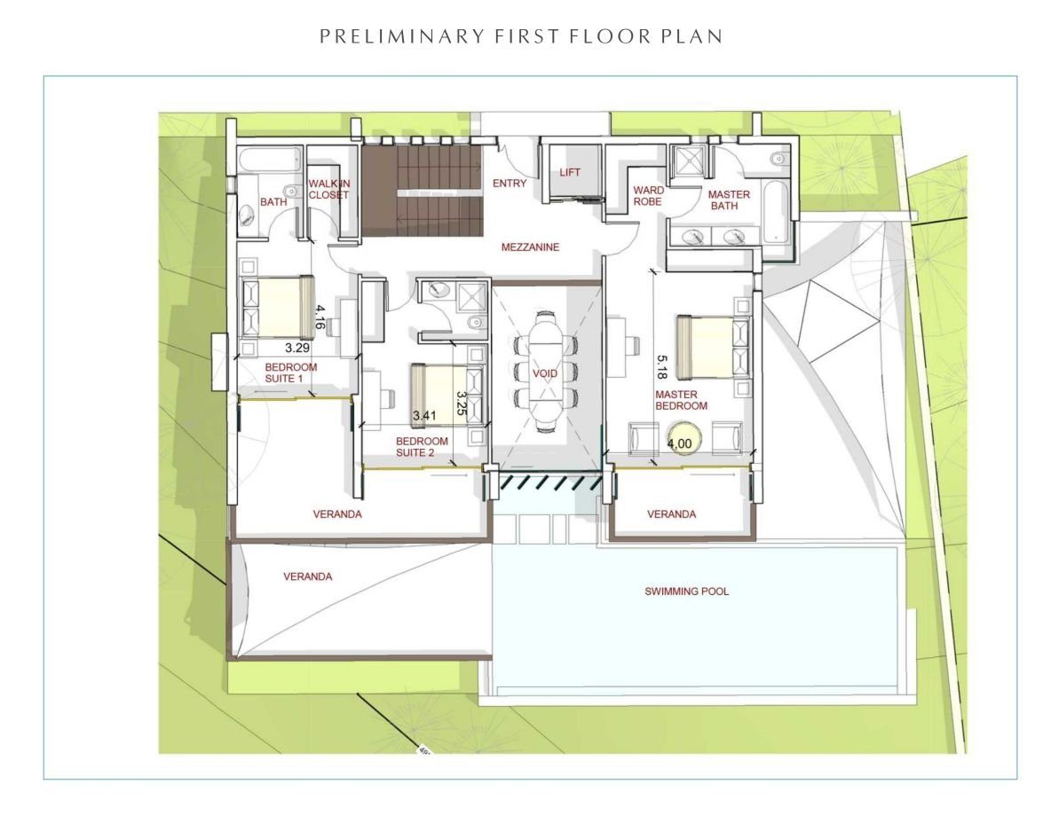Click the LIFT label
point(569,172)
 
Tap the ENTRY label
point(510,184)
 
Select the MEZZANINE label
point(530,247)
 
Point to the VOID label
point(545,373)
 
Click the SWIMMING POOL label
point(686,592)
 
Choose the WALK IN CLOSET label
point(329,190)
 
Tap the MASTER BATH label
point(729,200)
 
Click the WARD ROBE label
point(648,196)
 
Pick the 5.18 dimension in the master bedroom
point(662,368)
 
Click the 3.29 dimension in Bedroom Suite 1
point(297,348)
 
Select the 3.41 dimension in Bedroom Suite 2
point(424,416)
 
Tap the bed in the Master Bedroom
point(713,348)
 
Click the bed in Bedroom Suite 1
point(279,307)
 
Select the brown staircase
point(421,192)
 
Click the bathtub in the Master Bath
point(775,211)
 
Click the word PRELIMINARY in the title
point(402,36)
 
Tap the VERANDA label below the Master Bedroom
point(671,514)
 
